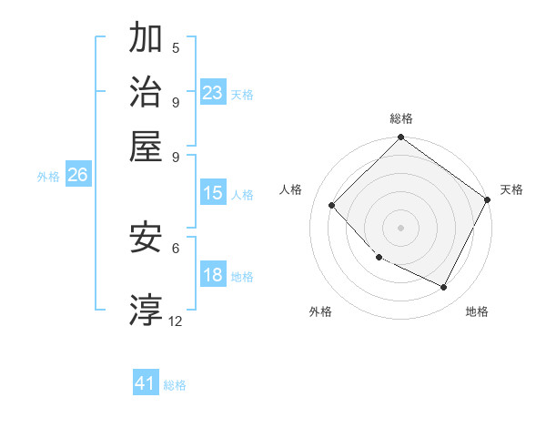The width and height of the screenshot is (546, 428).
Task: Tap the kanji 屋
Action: (x=147, y=146)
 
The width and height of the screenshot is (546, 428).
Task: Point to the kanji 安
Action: (x=147, y=239)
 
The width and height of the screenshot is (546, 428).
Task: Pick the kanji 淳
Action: (x=147, y=310)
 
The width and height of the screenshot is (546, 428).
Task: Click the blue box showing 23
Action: (x=212, y=92)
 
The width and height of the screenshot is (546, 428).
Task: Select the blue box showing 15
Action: (x=212, y=193)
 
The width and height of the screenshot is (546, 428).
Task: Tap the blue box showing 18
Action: (x=212, y=276)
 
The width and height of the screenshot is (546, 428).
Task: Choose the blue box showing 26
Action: (x=77, y=175)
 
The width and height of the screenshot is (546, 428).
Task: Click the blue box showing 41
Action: (x=146, y=383)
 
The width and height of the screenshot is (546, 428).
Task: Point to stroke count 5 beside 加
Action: (x=176, y=48)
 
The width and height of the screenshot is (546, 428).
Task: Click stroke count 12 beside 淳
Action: (x=176, y=321)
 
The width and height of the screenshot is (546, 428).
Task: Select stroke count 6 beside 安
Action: (x=176, y=247)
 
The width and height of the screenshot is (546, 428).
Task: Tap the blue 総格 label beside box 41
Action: (x=175, y=385)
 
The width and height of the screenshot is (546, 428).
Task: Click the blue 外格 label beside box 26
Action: (x=48, y=177)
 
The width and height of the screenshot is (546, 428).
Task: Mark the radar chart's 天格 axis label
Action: (x=511, y=189)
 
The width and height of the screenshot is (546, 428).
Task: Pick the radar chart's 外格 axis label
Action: (x=320, y=311)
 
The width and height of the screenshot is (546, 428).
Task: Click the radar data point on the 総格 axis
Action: (x=400, y=138)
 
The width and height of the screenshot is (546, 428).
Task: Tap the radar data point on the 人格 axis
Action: (x=332, y=206)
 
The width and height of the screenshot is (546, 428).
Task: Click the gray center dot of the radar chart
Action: (x=400, y=227)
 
